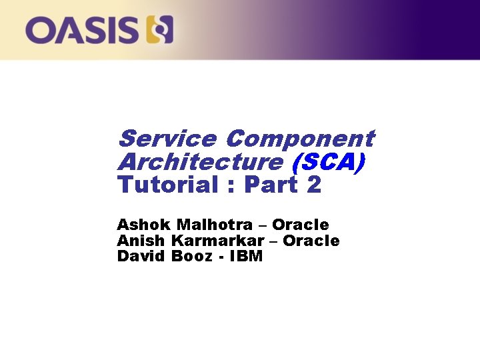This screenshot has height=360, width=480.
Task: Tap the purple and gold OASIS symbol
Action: pyautogui.click(x=159, y=30)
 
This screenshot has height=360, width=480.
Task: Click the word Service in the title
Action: pyautogui.click(x=167, y=139)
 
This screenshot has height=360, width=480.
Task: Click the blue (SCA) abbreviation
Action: pyautogui.click(x=328, y=162)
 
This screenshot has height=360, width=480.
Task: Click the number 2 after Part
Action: pyautogui.click(x=315, y=185)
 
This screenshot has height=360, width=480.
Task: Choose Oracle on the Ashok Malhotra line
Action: pyautogui.click(x=301, y=225)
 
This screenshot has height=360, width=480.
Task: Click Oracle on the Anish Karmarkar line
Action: pyautogui.click(x=311, y=241)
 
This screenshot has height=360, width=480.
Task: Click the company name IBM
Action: pyautogui.click(x=246, y=256)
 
